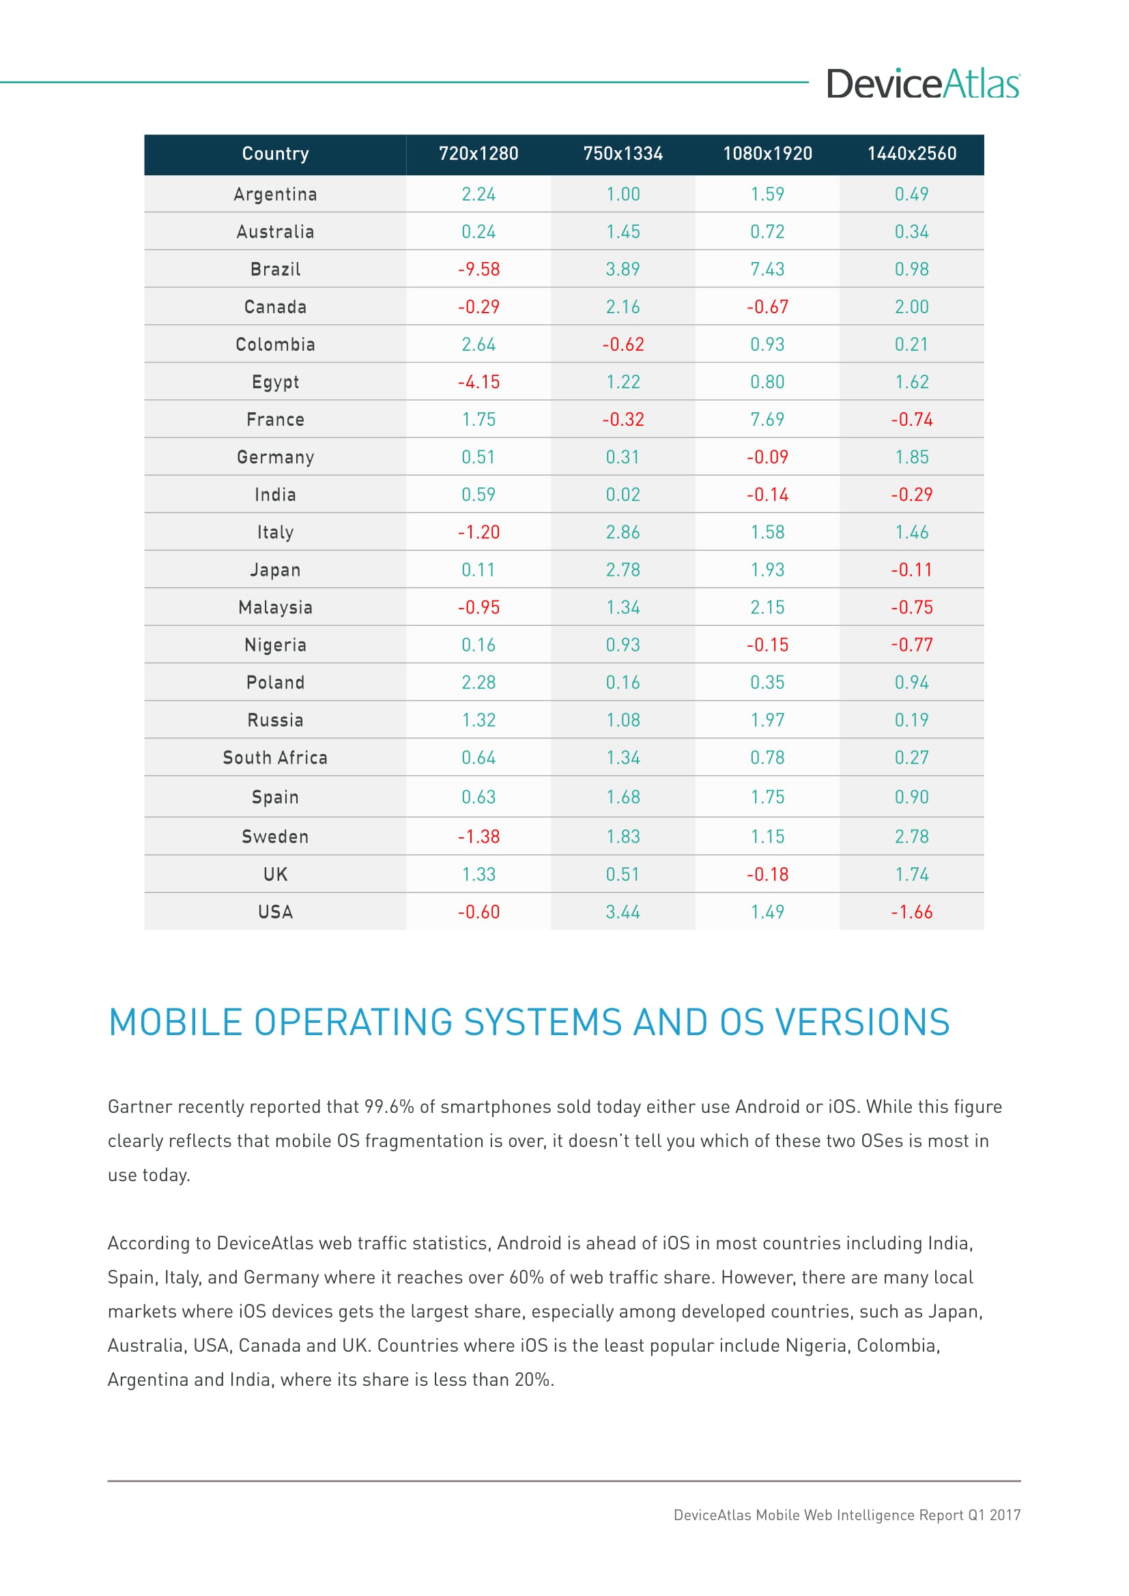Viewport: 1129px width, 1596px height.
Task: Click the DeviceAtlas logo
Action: click(x=923, y=84)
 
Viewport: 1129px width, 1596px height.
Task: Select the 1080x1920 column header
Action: click(x=767, y=154)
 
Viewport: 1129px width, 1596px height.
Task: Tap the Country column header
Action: click(x=275, y=154)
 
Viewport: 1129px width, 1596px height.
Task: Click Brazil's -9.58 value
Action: click(x=478, y=269)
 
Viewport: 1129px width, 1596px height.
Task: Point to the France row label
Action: click(x=275, y=419)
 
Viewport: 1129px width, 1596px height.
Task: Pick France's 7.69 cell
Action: click(x=767, y=419)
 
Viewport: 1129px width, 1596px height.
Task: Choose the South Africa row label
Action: click(x=275, y=757)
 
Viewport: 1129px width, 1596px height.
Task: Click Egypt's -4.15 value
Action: click(x=478, y=381)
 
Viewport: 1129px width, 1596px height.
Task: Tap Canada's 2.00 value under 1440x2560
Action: click(x=911, y=306)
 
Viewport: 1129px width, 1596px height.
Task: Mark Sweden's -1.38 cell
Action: click(x=478, y=837)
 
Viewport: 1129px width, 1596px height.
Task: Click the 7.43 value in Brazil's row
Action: click(x=767, y=269)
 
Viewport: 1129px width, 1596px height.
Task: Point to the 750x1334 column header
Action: click(x=623, y=154)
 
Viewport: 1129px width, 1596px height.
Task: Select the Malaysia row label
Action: click(x=275, y=607)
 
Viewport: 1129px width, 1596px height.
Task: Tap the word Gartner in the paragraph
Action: click(x=140, y=1107)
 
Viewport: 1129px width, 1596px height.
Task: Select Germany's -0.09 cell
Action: click(x=767, y=456)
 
